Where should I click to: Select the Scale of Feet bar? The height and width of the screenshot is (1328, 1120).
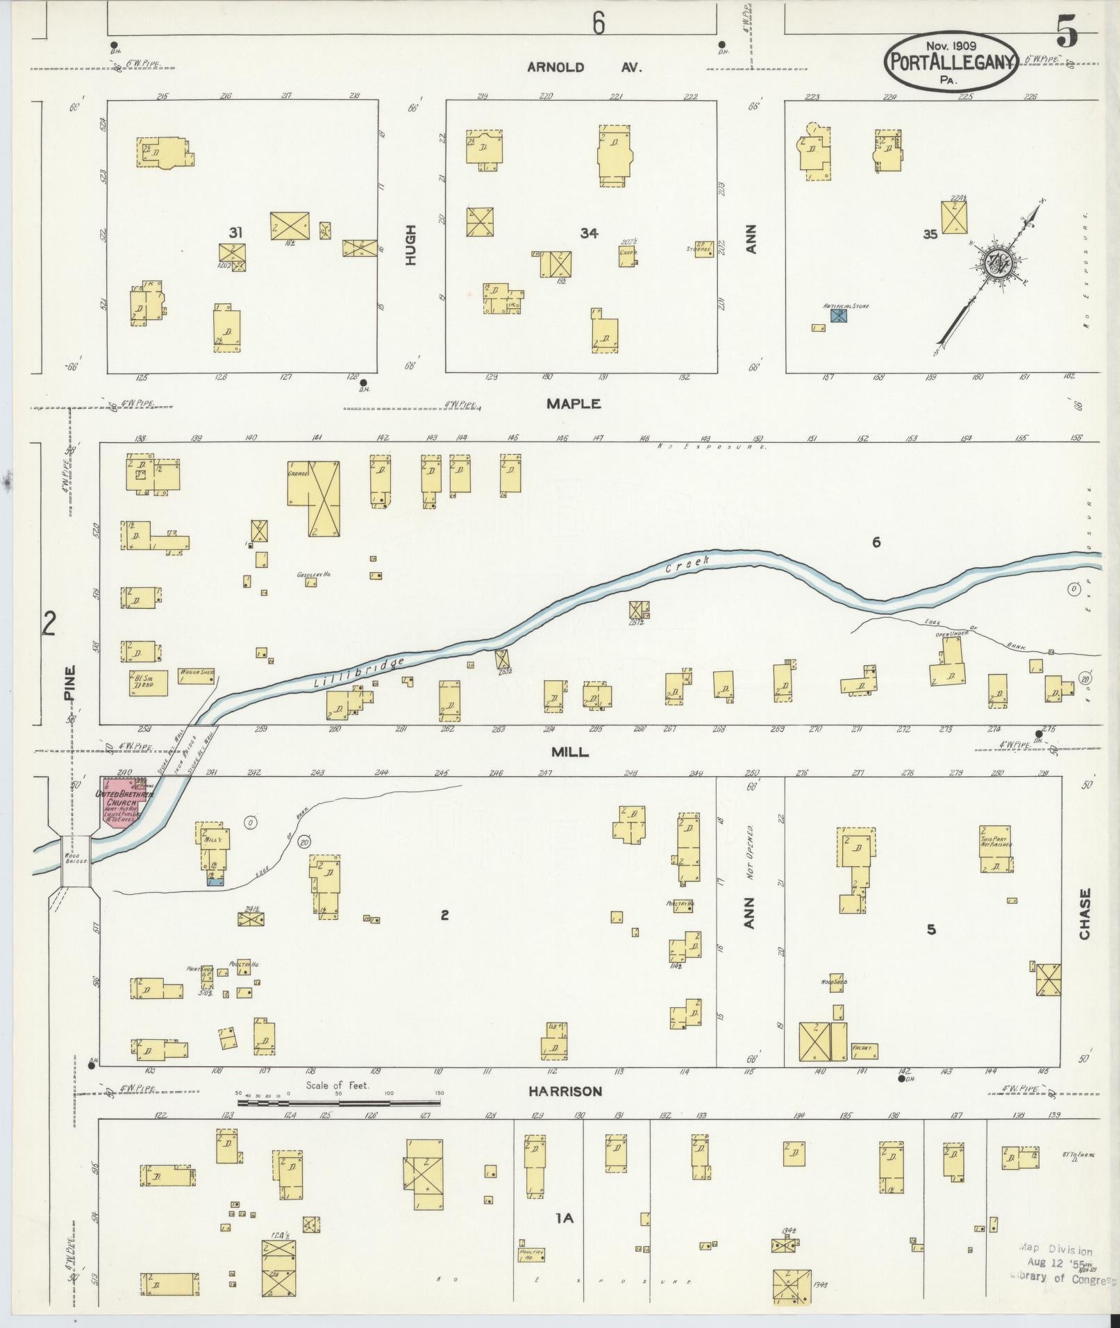tap(340, 1102)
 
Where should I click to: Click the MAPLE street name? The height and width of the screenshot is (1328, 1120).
tap(573, 404)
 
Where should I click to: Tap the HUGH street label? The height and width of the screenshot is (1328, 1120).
tap(411, 244)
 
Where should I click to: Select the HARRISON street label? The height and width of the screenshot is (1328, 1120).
tap(565, 1091)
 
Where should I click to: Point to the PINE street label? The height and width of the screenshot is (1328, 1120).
tap(69, 683)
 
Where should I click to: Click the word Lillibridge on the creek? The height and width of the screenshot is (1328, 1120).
tap(358, 673)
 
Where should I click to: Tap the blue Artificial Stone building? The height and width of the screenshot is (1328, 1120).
tap(839, 316)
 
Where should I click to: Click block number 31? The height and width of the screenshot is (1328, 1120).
tap(236, 233)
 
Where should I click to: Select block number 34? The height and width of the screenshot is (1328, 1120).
tap(589, 233)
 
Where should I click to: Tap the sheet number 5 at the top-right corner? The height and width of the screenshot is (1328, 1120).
tap(1067, 31)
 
